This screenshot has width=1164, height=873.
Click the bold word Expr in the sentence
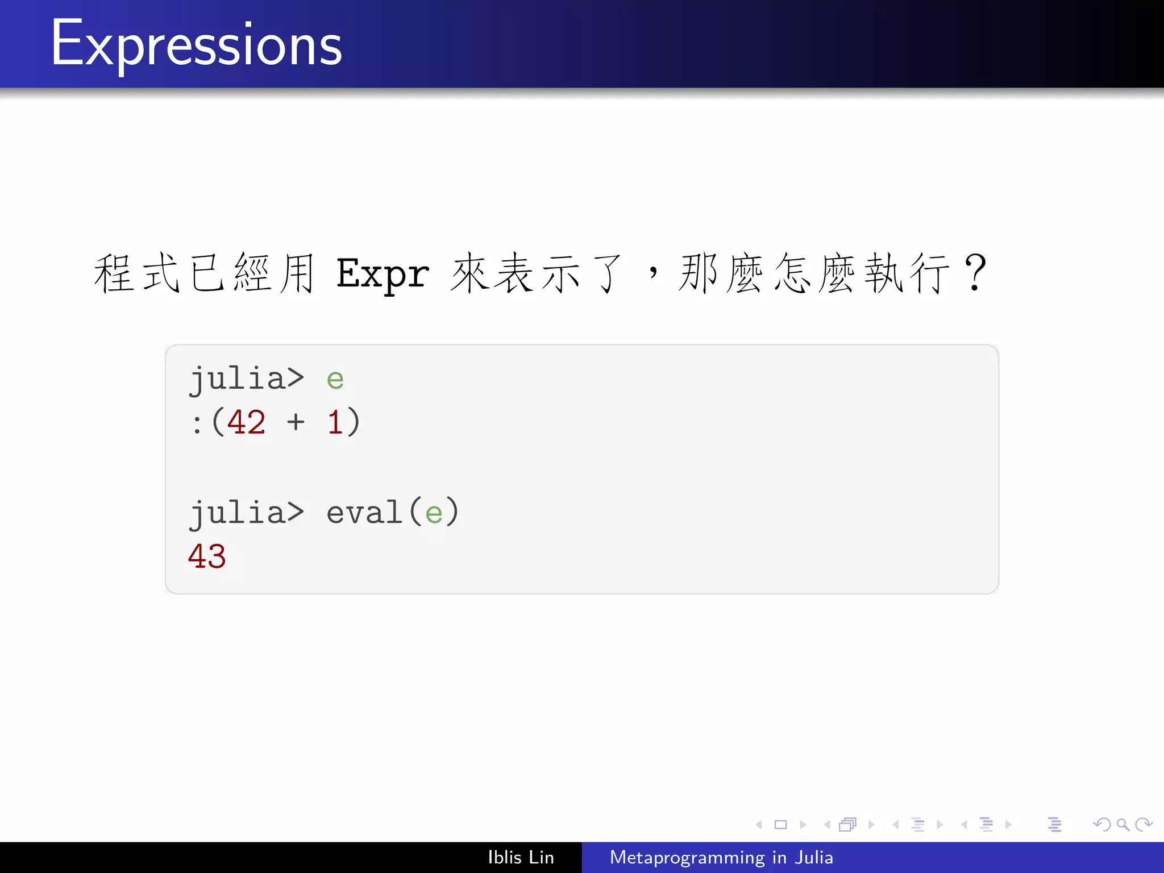383,275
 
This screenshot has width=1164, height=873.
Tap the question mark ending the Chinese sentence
975,273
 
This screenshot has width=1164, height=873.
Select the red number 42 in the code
246,423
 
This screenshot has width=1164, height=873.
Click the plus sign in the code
296,423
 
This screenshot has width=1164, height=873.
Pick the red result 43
207,556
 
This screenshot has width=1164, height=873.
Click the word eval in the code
364,513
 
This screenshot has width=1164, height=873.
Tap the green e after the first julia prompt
335,380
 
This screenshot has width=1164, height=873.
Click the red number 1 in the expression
335,423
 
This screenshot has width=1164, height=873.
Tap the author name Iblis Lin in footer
521,857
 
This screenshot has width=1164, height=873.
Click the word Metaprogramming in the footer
687,857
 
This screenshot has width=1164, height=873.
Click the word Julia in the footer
813,857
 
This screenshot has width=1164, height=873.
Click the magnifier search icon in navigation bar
1122,824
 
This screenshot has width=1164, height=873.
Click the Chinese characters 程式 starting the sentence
137,273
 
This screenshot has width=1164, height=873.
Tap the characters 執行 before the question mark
907,273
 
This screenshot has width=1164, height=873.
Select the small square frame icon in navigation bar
780,824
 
